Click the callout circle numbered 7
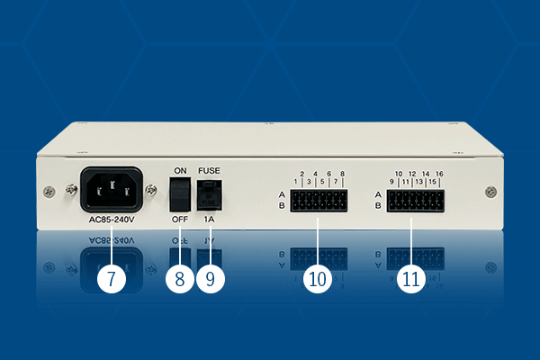click(x=111, y=279)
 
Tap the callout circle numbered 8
click(x=180, y=279)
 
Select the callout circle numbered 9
click(x=210, y=279)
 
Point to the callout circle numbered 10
click(x=317, y=279)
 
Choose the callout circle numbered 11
click(x=411, y=279)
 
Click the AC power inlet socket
click(x=112, y=189)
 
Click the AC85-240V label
click(x=112, y=219)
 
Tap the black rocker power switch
click(x=181, y=193)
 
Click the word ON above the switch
click(x=180, y=170)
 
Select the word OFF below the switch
click(x=180, y=219)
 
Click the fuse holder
click(x=210, y=193)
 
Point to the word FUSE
click(x=210, y=170)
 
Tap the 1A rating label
click(x=210, y=219)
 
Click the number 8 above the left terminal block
click(x=343, y=174)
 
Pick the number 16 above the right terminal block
click(x=439, y=174)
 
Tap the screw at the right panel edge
click(x=490, y=191)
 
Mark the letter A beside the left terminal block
click(x=282, y=194)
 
